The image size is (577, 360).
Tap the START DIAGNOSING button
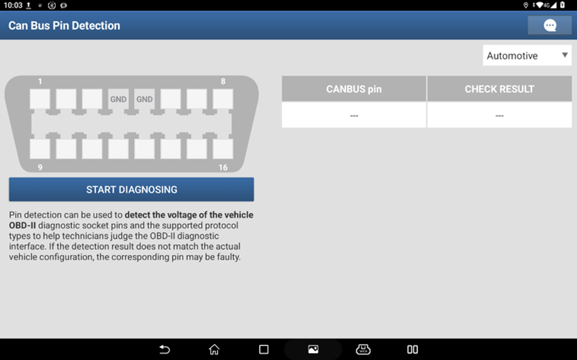click(x=131, y=190)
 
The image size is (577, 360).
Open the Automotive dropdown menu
click(x=527, y=56)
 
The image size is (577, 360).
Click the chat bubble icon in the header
click(x=550, y=26)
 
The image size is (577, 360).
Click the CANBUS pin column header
click(x=354, y=88)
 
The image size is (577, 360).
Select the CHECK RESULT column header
click(x=499, y=88)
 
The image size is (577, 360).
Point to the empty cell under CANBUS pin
click(x=354, y=115)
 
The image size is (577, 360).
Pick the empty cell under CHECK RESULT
click(x=499, y=115)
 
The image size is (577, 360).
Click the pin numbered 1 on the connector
click(x=40, y=99)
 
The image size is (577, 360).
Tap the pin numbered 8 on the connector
click(x=222, y=99)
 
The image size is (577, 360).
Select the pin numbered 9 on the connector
click(x=40, y=149)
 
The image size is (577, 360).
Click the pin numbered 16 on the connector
click(x=222, y=149)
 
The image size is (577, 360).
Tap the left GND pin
click(x=118, y=99)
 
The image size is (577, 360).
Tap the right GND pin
click(x=144, y=99)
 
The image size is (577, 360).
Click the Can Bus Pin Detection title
click(x=64, y=26)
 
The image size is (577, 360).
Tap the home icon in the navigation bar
click(x=214, y=349)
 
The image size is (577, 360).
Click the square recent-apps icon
click(x=263, y=349)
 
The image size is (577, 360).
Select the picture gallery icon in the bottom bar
click(x=313, y=349)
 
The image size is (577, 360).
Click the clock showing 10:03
click(x=13, y=5)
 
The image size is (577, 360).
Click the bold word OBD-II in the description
click(x=22, y=225)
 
